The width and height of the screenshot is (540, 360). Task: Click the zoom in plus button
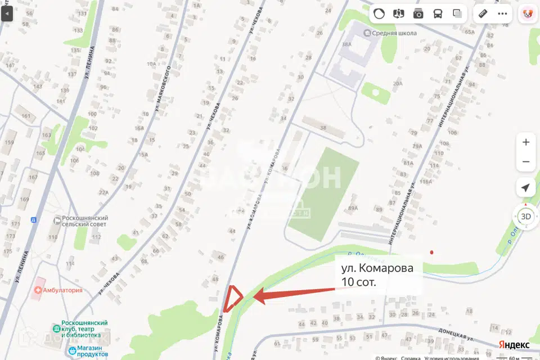[x=526, y=142]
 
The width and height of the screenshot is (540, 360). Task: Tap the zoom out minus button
[x=526, y=162]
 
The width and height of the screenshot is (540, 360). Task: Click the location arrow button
[x=525, y=188]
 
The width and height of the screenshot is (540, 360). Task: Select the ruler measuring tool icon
[x=482, y=13]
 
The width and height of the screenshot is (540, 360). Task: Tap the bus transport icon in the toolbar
[x=438, y=13]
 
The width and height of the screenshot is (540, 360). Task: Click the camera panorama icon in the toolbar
[x=418, y=13]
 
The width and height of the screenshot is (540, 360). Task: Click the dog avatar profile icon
[x=527, y=13]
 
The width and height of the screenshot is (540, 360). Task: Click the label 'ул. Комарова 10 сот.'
[x=377, y=276]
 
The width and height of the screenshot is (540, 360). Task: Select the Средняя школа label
[x=395, y=33]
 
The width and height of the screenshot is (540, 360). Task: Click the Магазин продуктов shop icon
[x=73, y=351]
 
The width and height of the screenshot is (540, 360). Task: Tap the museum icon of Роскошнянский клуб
[x=56, y=328]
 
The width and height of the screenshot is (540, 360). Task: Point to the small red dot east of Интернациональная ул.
[x=431, y=253]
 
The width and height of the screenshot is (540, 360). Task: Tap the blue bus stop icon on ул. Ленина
[x=33, y=219]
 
